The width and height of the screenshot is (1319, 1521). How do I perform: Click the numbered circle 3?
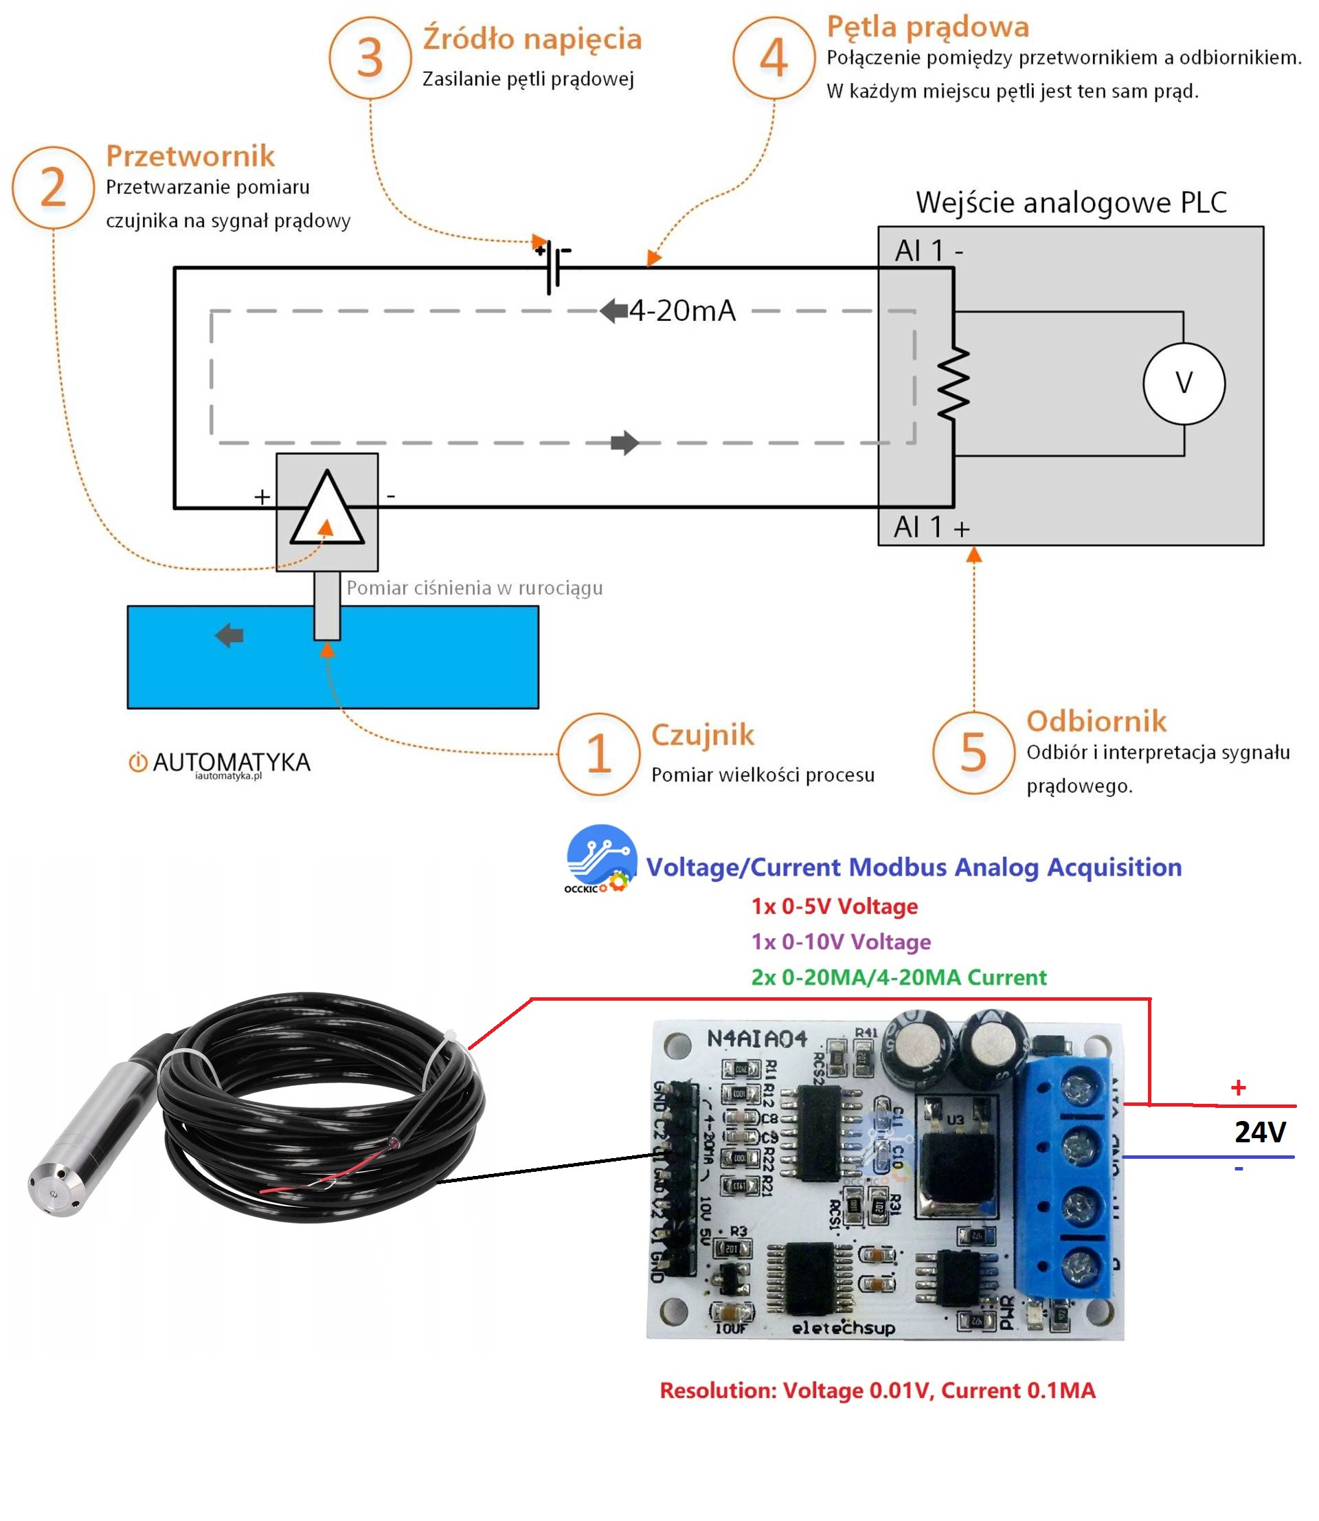coord(370,58)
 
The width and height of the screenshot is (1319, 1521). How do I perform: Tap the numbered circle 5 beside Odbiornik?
coord(973,753)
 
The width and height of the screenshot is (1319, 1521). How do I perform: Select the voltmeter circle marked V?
coord(1184,383)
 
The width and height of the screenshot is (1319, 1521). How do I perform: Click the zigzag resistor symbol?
coord(954,383)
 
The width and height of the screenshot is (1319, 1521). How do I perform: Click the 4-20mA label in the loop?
coord(682,311)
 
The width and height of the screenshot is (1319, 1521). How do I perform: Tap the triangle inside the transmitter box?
coord(327,511)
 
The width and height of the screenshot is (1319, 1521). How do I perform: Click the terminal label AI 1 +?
coord(932,528)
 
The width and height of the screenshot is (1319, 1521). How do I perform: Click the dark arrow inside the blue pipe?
coord(229,634)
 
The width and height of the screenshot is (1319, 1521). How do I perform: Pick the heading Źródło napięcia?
coord(532,38)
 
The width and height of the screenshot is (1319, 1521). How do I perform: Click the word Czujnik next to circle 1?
coord(703,735)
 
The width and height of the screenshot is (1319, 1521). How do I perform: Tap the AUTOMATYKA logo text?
coord(231,762)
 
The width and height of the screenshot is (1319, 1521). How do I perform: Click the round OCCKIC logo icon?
coord(601,856)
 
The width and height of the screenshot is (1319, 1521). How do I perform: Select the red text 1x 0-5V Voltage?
coord(835,907)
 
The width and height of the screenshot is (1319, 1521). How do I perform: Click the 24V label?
coord(1260,1131)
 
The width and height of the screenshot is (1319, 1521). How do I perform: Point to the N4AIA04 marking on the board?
coord(756,1039)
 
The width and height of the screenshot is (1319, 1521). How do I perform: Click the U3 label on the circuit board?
coord(955,1120)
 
